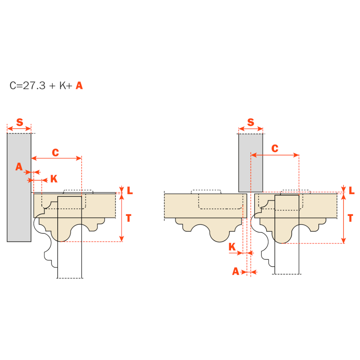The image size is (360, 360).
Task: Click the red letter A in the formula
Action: (79, 85)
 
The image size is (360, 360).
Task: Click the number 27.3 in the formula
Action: (34, 85)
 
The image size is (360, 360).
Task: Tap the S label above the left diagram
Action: (19, 122)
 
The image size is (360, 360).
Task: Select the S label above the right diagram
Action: (250, 122)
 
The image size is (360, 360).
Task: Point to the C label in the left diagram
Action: (55, 152)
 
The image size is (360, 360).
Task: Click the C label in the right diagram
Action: (275, 148)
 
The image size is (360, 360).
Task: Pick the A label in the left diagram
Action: (19, 166)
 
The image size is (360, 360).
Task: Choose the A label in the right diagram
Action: (235, 271)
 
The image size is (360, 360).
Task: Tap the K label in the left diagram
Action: (54, 179)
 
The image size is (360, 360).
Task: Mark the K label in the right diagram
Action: (232, 247)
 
